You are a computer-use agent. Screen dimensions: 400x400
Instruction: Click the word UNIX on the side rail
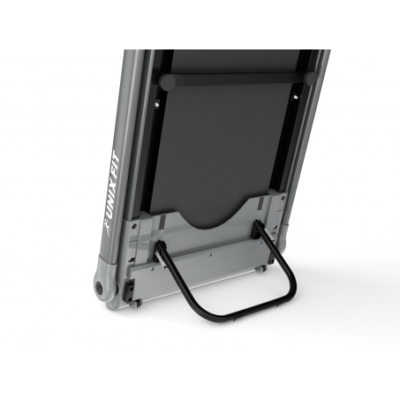tap(112, 202)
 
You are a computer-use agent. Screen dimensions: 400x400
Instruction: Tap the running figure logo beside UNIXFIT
tap(108, 230)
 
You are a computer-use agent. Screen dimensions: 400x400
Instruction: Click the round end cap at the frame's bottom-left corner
tap(99, 287)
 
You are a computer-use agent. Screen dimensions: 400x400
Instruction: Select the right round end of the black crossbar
tap(311, 78)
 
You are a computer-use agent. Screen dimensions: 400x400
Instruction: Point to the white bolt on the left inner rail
tap(157, 104)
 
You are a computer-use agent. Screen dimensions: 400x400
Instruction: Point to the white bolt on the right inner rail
tap(296, 96)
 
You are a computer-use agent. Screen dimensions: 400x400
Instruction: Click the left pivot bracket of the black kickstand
tap(160, 253)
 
